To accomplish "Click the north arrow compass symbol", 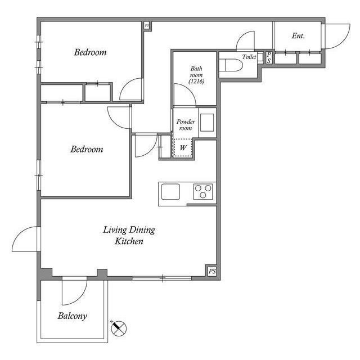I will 120,328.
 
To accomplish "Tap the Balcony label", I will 72,316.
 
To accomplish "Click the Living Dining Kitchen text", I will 129,235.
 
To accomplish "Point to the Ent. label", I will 298,36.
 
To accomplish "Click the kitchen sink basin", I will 171,192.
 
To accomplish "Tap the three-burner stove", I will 203,192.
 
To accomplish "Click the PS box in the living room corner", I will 211,271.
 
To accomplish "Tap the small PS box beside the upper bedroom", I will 147,25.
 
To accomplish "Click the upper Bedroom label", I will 90,53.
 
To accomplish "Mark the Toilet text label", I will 249,57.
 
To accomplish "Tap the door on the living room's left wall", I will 25,239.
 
